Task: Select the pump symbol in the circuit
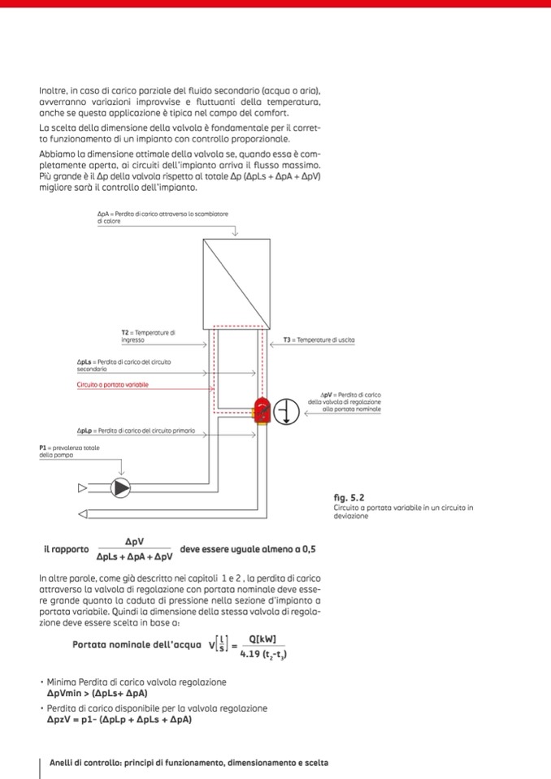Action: [120, 487]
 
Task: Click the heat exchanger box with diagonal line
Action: [235, 280]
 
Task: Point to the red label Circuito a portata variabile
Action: [113, 384]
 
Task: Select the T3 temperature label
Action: [319, 340]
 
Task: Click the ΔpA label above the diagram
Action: [162, 217]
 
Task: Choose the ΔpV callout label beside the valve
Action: [345, 401]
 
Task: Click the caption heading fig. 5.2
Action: [349, 497]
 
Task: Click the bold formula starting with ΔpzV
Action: [119, 720]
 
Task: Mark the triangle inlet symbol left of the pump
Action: [81, 488]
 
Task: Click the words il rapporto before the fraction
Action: [67, 549]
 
